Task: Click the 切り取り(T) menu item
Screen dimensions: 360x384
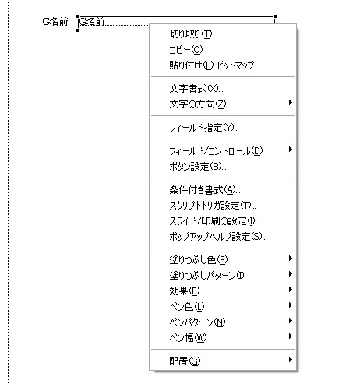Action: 191,34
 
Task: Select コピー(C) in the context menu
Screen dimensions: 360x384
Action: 186,50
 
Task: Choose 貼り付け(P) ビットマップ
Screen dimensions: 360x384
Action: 212,65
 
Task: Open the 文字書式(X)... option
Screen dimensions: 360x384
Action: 196,89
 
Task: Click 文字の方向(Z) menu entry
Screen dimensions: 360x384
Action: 198,104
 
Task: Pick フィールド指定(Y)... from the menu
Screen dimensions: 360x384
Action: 204,128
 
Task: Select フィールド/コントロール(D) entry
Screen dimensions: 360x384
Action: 216,151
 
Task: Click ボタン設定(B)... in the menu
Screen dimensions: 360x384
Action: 198,167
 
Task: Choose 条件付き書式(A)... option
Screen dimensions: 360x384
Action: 205,190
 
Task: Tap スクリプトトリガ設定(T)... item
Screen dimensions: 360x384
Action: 213,206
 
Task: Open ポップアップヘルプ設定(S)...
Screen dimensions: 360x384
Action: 218,237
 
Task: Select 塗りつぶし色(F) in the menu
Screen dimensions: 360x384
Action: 199,260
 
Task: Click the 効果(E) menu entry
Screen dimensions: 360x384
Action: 185,291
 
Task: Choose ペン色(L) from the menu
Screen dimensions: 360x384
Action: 187,307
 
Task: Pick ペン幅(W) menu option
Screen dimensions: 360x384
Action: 188,338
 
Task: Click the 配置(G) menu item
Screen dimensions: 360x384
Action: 185,361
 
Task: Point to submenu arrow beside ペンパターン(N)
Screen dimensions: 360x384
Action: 291,321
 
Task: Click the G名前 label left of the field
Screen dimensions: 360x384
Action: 55,22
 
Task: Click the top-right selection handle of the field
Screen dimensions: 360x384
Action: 275,16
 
